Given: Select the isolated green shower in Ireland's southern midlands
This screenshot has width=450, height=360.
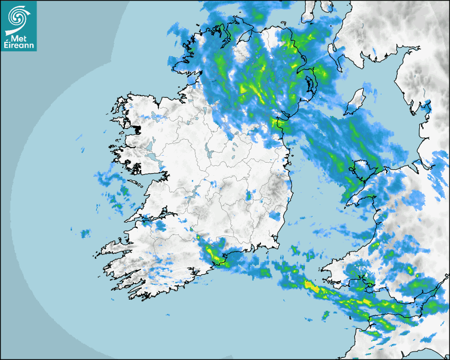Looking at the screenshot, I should (x=249, y=196).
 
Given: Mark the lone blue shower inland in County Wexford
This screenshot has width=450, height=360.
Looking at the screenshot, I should (x=274, y=216).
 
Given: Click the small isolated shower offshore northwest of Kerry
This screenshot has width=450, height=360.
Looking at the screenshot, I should (x=85, y=233).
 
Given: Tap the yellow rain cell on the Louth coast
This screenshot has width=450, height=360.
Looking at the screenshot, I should (x=276, y=123).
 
